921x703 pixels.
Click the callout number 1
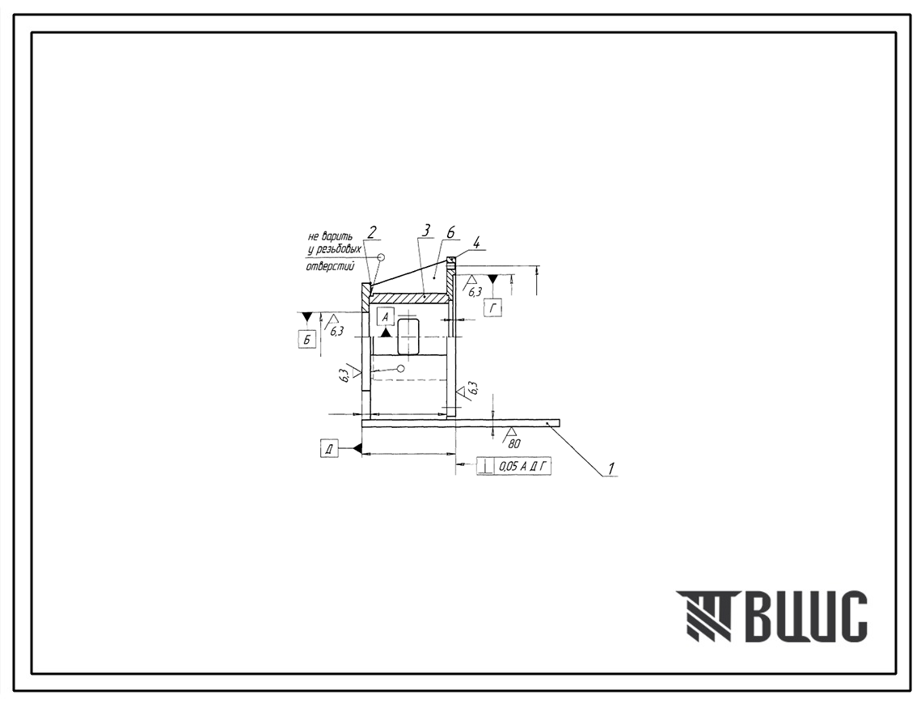(611, 468)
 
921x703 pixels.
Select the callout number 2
(371, 232)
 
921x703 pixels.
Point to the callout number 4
(477, 242)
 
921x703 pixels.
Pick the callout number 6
(450, 233)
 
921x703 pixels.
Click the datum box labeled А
(386, 317)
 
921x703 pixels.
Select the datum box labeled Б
(307, 340)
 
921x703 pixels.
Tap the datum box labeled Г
(493, 307)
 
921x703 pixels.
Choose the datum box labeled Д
(330, 449)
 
